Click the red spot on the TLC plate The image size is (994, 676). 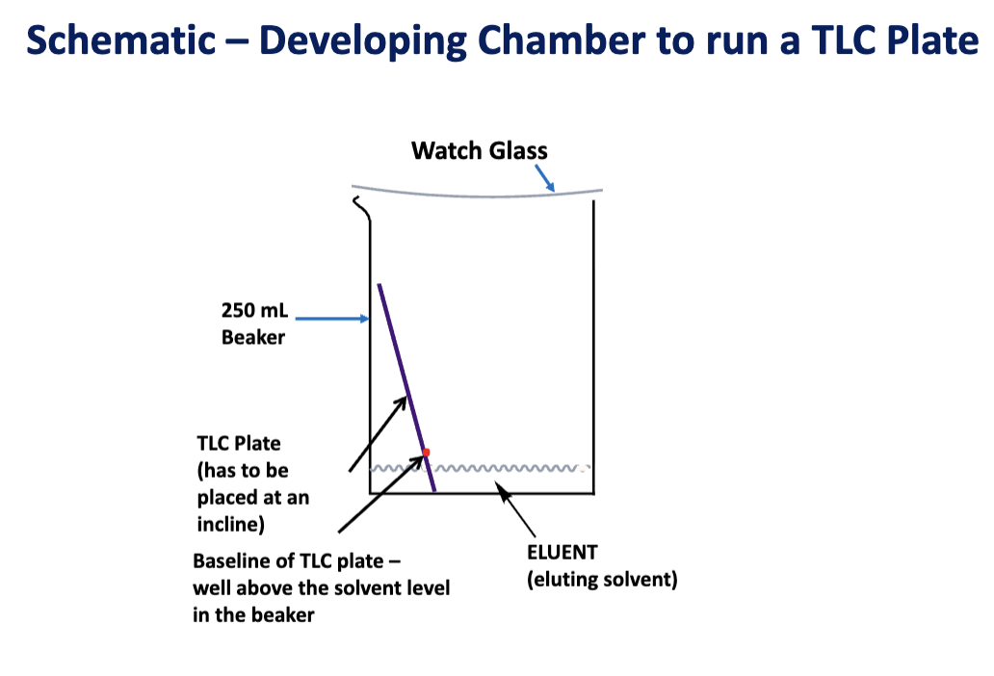tap(426, 453)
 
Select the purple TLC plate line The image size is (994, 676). tap(406, 387)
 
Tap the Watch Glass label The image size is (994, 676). tap(480, 151)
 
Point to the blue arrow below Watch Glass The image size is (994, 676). tap(544, 177)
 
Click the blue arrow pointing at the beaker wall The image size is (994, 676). tap(332, 318)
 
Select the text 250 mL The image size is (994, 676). tap(254, 310)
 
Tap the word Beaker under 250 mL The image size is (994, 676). tap(253, 337)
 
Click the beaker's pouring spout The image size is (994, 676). tap(361, 208)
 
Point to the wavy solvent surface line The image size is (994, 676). tap(480, 468)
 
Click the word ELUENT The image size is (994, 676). tap(562, 552)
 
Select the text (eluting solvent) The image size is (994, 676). tap(602, 579)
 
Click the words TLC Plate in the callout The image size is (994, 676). tap(238, 443)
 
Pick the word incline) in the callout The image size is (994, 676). tap(231, 524)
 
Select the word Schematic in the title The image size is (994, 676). tap(121, 39)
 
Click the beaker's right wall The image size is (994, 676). tap(594, 347)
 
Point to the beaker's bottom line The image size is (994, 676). tap(482, 493)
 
